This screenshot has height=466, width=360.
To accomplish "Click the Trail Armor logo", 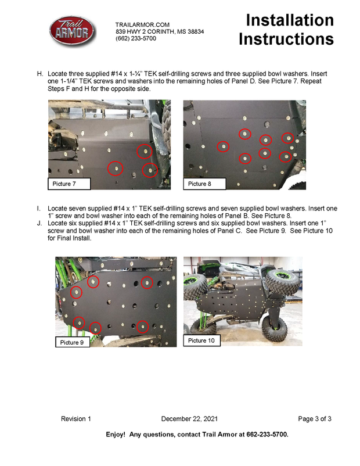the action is (73, 31).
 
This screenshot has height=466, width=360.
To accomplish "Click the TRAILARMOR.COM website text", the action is (142, 24).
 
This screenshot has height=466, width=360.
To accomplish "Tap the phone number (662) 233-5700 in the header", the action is (136, 38).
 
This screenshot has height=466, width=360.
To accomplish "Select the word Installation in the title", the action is (290, 20).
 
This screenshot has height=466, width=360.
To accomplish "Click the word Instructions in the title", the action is (286, 40).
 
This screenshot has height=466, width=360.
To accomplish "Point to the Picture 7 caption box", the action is (69, 184).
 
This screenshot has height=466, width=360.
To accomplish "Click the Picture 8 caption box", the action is (204, 184).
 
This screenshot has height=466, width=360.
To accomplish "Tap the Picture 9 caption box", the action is (73, 342).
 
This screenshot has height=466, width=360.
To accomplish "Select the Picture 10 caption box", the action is (201, 340).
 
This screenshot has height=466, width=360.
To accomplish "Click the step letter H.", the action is (40, 74).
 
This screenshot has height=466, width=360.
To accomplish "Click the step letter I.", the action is (38, 209).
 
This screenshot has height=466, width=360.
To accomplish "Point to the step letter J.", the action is (39, 223).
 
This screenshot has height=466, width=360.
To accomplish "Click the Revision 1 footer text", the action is (75, 419).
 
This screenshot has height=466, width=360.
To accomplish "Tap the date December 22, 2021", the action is (189, 419).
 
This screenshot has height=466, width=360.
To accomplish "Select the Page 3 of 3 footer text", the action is (315, 419).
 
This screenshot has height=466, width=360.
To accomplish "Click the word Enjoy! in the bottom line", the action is (116, 435).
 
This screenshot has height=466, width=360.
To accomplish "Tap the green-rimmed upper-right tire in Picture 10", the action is (282, 279).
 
